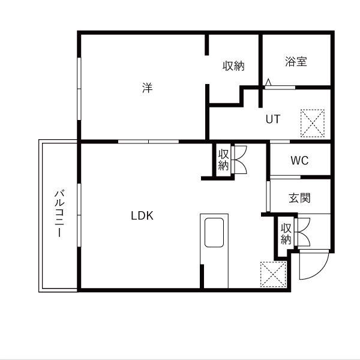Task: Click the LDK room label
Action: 142,215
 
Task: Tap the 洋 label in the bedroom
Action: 148,88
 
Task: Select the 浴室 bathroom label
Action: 296,61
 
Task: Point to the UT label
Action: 273,119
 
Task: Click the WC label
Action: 299,160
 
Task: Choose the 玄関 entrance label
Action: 299,198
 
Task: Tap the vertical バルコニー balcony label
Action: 59,213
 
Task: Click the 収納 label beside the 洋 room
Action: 233,66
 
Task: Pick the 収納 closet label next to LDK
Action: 223,160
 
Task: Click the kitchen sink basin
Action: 214,232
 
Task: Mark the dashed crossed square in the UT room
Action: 313,123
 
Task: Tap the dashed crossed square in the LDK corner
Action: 273,274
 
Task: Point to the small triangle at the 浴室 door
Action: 268,82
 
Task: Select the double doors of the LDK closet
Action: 239,160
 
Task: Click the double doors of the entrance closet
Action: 302,232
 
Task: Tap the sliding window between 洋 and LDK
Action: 148,142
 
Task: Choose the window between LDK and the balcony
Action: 79,215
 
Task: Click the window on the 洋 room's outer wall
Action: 79,89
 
